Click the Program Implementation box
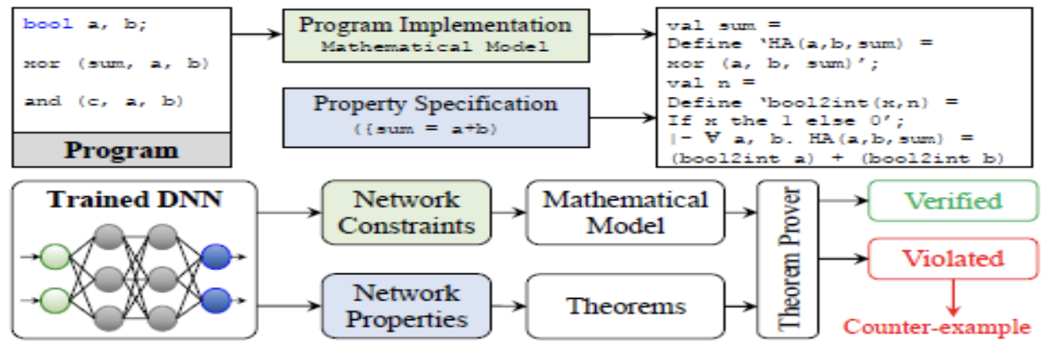click(x=435, y=35)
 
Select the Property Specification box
click(x=435, y=115)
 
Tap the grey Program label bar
click(x=121, y=152)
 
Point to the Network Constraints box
click(x=406, y=213)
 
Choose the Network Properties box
click(x=406, y=306)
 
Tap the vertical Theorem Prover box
click(x=786, y=259)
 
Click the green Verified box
click(x=952, y=202)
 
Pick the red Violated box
click(x=952, y=258)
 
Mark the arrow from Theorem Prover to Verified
click(x=841, y=202)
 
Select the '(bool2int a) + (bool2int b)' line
click(x=836, y=158)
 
